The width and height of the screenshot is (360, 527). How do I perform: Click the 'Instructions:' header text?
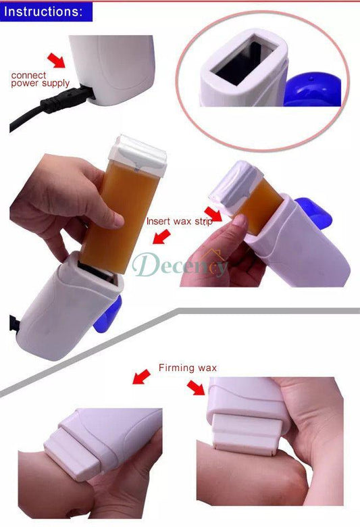point(45,11)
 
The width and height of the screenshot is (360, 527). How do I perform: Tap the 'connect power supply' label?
point(40,79)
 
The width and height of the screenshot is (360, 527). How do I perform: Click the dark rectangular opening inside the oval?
point(244,64)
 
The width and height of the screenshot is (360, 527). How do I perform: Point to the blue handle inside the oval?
point(315,92)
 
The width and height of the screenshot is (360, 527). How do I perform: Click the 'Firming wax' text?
point(188,368)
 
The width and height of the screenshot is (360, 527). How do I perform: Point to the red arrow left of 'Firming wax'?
point(142,376)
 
